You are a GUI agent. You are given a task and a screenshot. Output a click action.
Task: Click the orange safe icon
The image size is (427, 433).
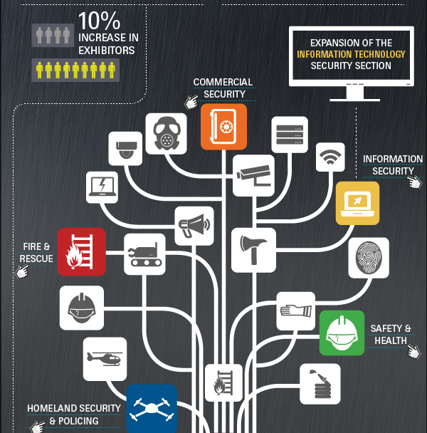tap(223, 127)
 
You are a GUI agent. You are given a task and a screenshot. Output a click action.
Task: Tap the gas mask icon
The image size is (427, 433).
tap(166, 134)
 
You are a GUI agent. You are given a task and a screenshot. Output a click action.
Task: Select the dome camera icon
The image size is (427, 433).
tap(125, 149)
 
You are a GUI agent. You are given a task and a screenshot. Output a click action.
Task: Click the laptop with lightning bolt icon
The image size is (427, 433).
tap(102, 187)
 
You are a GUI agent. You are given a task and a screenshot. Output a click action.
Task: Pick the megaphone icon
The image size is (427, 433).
tap(194, 226)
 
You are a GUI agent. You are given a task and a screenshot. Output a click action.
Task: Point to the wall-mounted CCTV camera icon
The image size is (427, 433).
tap(253, 176)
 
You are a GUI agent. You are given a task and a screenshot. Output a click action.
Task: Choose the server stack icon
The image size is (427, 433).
tap(290, 135)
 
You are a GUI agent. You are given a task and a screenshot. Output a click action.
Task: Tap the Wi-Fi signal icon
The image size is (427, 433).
tap(330, 157)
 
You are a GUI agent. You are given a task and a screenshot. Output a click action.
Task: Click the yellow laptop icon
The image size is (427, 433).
tap(357, 203)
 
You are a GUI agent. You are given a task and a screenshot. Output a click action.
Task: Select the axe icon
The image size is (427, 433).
tap(253, 250)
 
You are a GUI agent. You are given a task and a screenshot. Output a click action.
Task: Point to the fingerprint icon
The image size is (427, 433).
tap(369, 258)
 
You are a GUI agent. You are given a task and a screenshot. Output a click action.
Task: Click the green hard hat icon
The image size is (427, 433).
tap(342, 333)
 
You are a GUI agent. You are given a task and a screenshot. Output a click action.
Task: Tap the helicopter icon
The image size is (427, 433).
tap(105, 359)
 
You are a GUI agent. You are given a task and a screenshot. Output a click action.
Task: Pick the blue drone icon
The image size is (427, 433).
tap(152, 409)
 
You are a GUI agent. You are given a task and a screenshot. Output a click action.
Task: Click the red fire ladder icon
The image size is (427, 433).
tap(82, 251)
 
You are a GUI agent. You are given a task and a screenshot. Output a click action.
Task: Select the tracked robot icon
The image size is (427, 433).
tap(144, 254)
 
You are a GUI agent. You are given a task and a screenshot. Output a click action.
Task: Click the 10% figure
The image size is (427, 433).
tap(100, 21)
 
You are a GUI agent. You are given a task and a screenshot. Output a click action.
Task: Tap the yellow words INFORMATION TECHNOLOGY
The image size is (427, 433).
tap(351, 54)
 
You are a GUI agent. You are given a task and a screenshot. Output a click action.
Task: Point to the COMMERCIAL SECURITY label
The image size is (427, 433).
tap(223, 88)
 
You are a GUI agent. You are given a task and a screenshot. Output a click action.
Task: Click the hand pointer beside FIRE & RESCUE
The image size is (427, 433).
tap(22, 271)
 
